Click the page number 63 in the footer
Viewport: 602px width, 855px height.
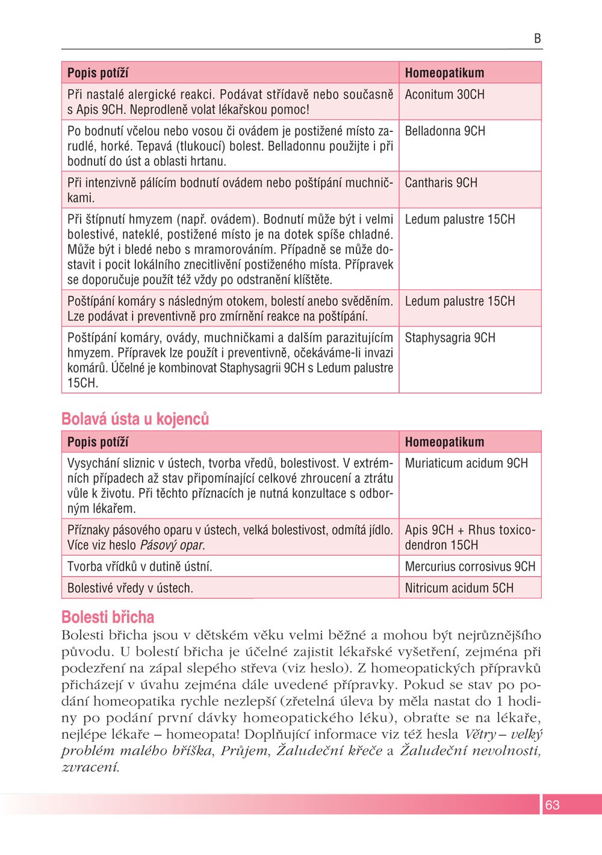[552, 805]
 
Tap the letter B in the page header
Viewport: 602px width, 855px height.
[537, 39]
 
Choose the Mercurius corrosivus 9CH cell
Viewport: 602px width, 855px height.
[470, 566]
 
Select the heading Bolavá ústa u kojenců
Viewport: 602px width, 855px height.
[135, 419]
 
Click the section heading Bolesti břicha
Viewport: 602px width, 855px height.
[108, 617]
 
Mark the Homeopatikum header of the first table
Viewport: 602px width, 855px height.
[444, 73]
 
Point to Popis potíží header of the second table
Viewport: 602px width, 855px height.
[98, 442]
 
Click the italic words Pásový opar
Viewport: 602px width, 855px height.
[173, 545]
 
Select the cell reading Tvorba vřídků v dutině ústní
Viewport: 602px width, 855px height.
[140, 566]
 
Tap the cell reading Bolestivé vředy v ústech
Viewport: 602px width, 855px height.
[130, 588]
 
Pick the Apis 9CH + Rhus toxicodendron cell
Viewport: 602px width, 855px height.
[470, 537]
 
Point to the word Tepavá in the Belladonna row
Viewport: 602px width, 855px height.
[154, 146]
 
